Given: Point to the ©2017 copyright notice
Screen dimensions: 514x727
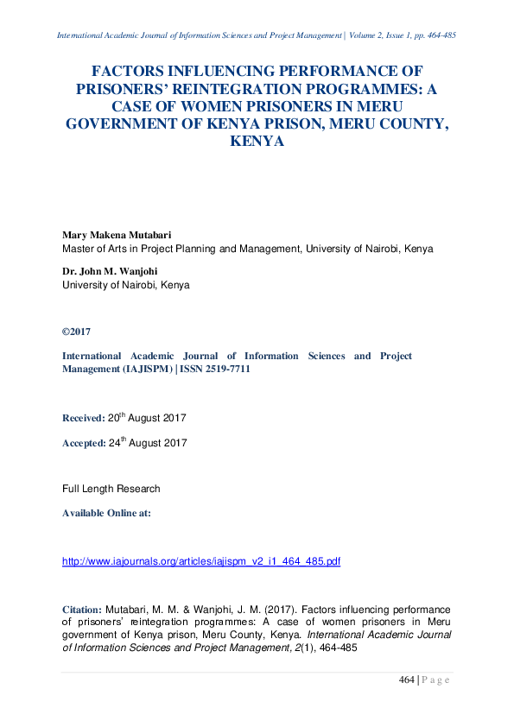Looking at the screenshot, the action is [x=76, y=332].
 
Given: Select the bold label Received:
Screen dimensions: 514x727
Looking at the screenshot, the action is [x=83, y=418].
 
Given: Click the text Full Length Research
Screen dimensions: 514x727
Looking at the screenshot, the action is [x=111, y=489].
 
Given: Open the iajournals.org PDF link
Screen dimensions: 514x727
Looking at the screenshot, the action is [x=201, y=561].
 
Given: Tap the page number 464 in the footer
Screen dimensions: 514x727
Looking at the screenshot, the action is [x=407, y=680].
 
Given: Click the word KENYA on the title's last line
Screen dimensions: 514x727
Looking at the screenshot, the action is [x=257, y=140].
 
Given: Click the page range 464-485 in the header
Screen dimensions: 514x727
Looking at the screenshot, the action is [x=437, y=35].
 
